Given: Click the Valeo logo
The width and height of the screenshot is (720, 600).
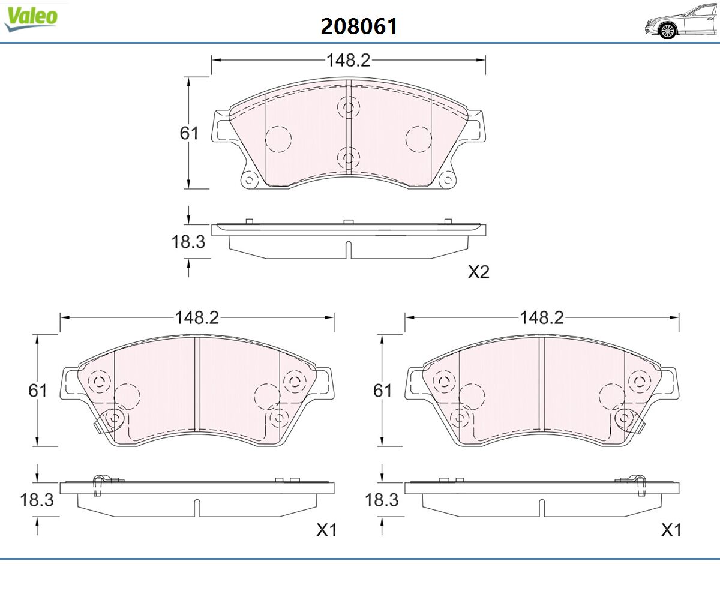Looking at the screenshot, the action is click(31, 18).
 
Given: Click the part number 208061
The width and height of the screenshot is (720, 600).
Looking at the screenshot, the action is click(359, 26).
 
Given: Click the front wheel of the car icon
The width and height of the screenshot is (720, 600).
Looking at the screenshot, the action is click(668, 31).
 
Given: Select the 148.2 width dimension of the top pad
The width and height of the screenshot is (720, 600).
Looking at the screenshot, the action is click(348, 61).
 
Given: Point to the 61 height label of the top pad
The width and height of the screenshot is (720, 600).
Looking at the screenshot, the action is click(189, 133).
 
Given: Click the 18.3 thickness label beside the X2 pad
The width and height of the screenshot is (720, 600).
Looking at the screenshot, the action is click(188, 241).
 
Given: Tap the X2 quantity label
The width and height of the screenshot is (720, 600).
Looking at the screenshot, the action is click(479, 272).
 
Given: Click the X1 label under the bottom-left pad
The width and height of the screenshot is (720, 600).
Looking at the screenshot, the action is click(326, 530).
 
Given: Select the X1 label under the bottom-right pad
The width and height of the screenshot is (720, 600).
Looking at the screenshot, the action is click(671, 530).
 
